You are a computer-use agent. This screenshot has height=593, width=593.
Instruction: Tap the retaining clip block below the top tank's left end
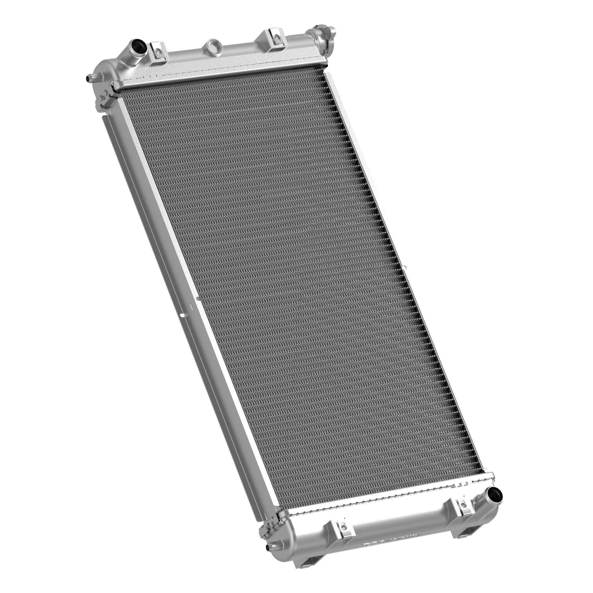tap(104, 98)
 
